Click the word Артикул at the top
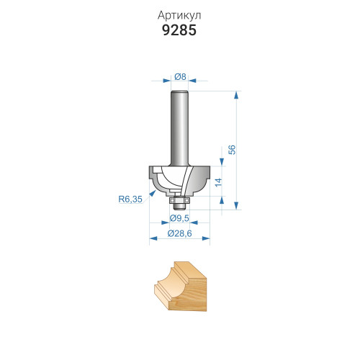point(179,15)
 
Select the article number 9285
point(179,30)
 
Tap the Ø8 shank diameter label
point(180,76)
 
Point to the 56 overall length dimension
point(232,150)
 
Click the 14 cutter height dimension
point(218,183)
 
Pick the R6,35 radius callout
point(130,199)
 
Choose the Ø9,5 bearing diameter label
point(179,218)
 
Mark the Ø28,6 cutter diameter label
point(179,233)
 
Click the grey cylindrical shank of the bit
point(179,128)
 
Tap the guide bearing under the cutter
point(179,200)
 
